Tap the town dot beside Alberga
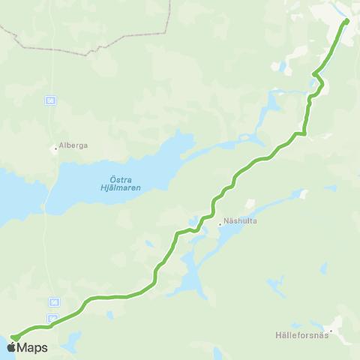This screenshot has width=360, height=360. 55,148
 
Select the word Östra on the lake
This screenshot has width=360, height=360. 113,178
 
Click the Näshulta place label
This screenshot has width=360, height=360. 240,222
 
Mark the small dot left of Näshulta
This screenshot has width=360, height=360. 220,222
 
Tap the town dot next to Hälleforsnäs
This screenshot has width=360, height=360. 330,330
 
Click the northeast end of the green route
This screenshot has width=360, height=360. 346,21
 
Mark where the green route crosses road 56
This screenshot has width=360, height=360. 50,325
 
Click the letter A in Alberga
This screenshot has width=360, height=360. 60,148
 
